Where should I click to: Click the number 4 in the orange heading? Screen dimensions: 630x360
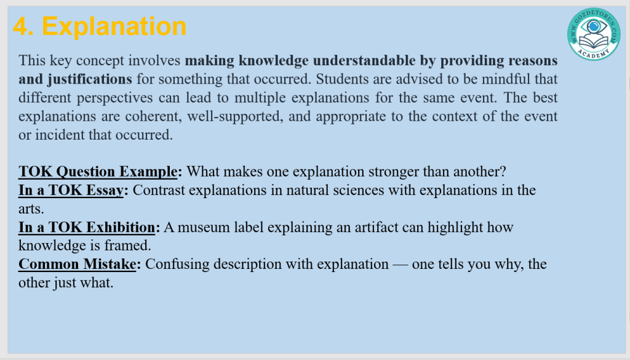pos(23,26)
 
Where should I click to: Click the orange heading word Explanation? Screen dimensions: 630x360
pos(114,27)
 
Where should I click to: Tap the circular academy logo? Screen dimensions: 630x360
pos(594,34)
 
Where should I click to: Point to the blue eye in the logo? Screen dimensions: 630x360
pos(594,27)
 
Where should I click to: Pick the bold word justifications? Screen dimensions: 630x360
pos(90,79)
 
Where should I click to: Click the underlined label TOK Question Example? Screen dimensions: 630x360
pos(98,172)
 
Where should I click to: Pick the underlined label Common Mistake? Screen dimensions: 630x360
pos(77,265)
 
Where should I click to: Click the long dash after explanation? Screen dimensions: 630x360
pos(400,265)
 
